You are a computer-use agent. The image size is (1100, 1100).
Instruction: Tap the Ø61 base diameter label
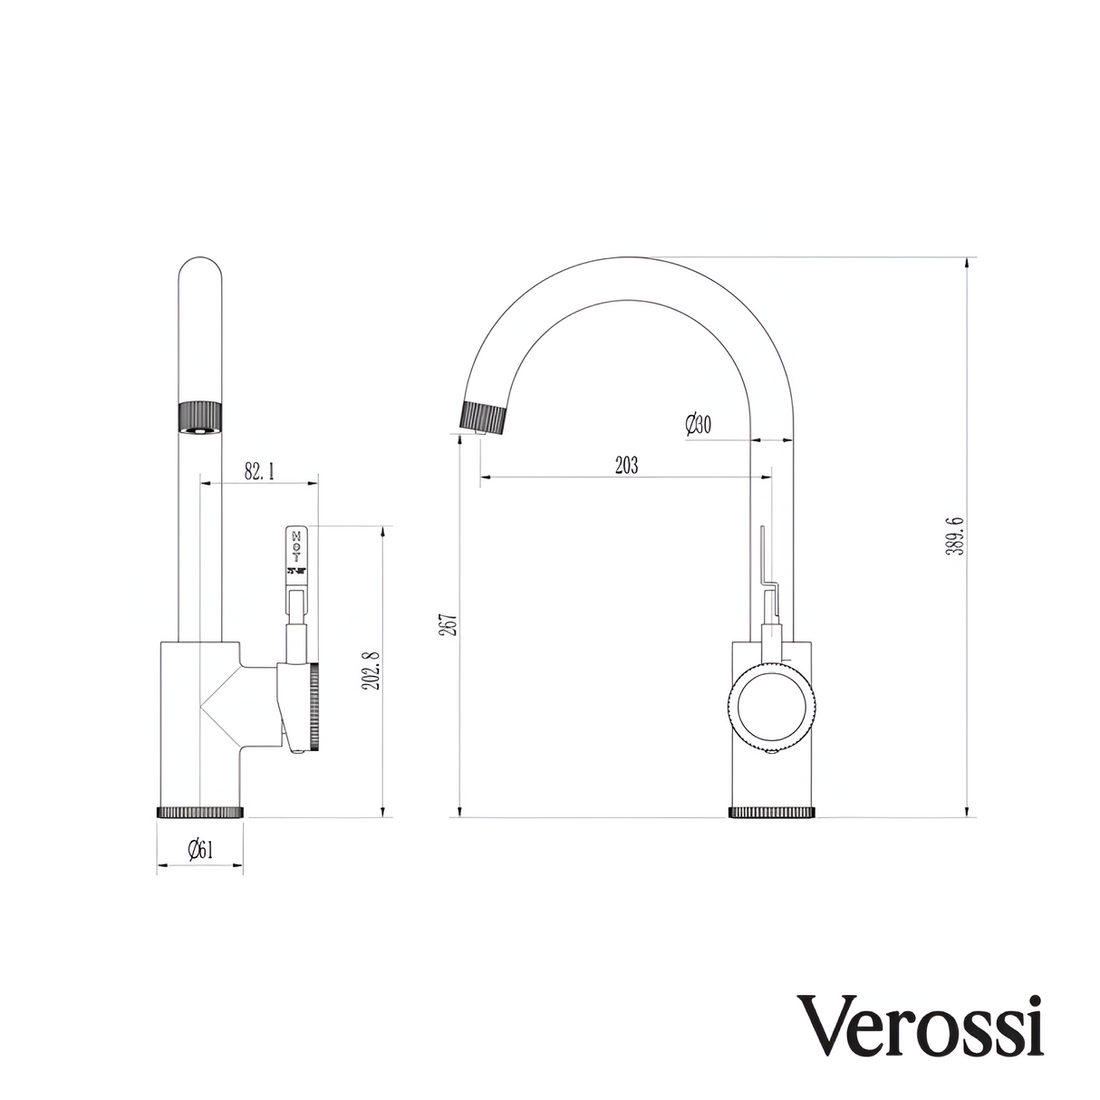[199, 849]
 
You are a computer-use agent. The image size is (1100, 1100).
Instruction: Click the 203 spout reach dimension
[626, 466]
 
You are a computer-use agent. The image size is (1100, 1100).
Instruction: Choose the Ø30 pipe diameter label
[699, 424]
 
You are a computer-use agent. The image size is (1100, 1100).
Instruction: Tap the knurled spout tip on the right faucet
[484, 417]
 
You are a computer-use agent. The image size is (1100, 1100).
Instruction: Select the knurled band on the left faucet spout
[200, 416]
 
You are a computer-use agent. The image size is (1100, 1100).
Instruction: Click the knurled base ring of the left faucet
[200, 811]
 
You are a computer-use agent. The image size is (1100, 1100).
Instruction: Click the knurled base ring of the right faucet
[773, 812]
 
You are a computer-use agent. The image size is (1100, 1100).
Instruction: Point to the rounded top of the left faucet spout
[200, 270]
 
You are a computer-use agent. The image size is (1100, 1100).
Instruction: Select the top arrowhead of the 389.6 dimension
[969, 264]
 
